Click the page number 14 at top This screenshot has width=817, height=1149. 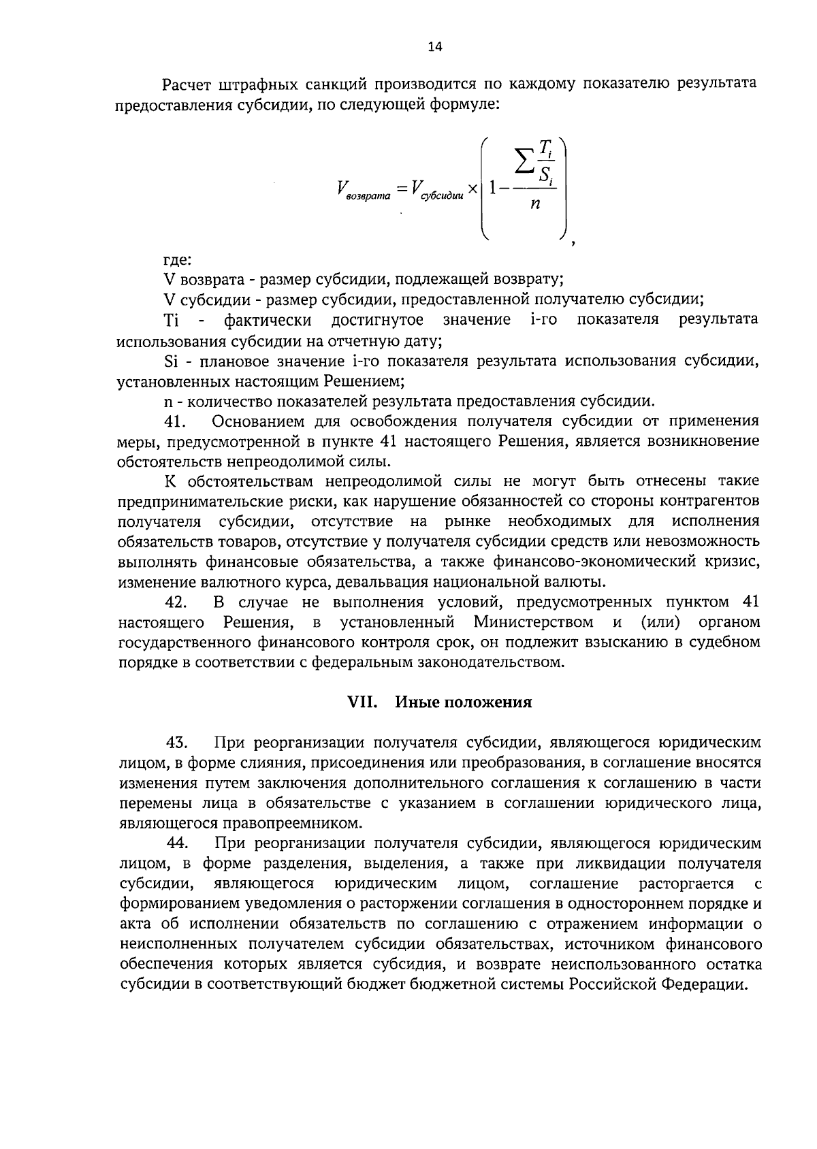click(434, 46)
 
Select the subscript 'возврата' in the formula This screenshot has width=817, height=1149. click(368, 197)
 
